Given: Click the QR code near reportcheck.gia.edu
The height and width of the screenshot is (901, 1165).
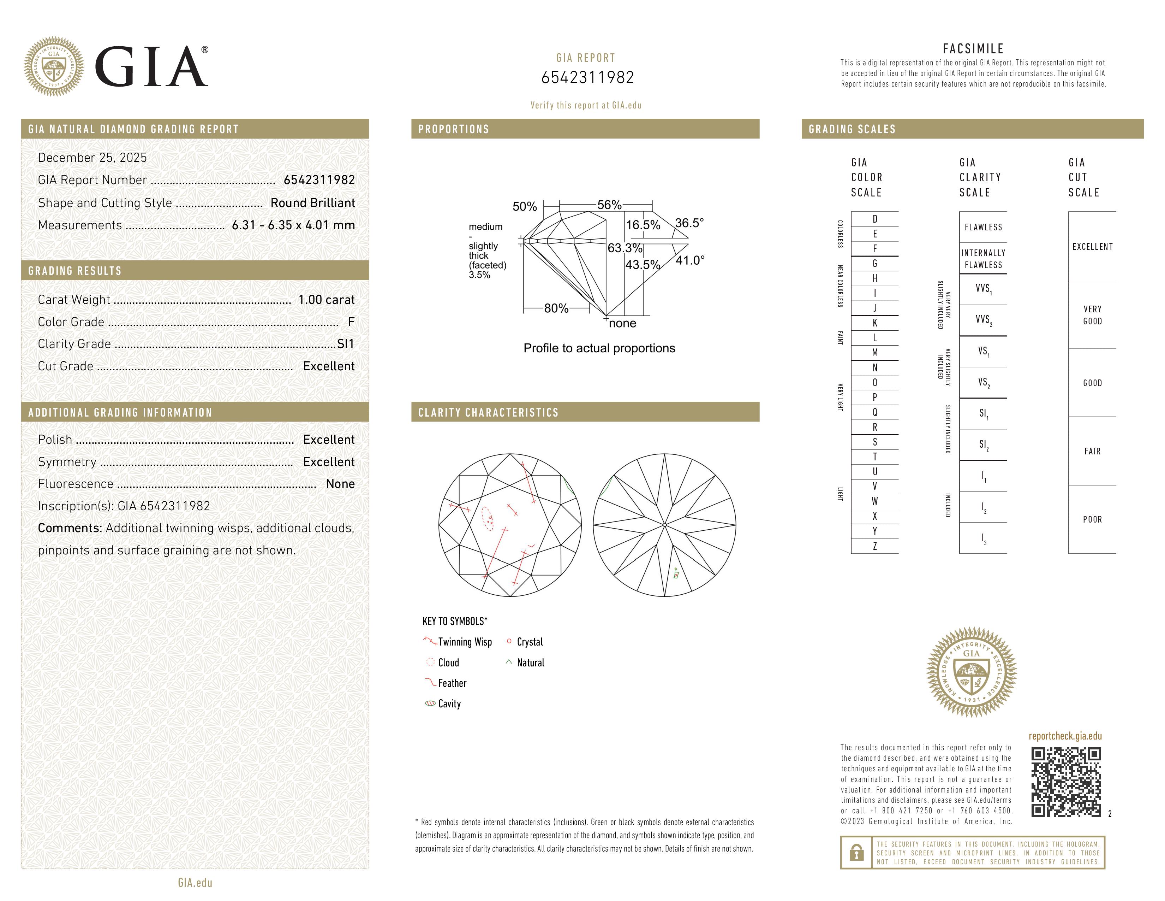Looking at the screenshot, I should pos(1065,782).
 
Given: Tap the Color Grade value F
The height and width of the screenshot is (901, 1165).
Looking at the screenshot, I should pos(351,322).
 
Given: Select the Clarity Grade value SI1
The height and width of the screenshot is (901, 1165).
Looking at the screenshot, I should pos(345,344).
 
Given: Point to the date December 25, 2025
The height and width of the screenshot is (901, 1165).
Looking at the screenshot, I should pos(92,158).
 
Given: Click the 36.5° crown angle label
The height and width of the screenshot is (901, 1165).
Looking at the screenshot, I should pos(689,223).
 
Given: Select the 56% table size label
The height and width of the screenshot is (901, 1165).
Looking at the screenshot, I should pos(609,205).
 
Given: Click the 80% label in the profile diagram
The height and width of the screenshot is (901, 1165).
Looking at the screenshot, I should pos(556,308).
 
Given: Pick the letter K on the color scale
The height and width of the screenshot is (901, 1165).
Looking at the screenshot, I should pos(875,323).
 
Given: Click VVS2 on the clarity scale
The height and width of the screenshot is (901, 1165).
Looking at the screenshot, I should pos(983,320).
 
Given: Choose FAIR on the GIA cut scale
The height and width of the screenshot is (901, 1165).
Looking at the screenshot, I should pos(1092,452).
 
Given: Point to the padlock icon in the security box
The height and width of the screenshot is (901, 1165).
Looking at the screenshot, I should pos(856,853).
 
